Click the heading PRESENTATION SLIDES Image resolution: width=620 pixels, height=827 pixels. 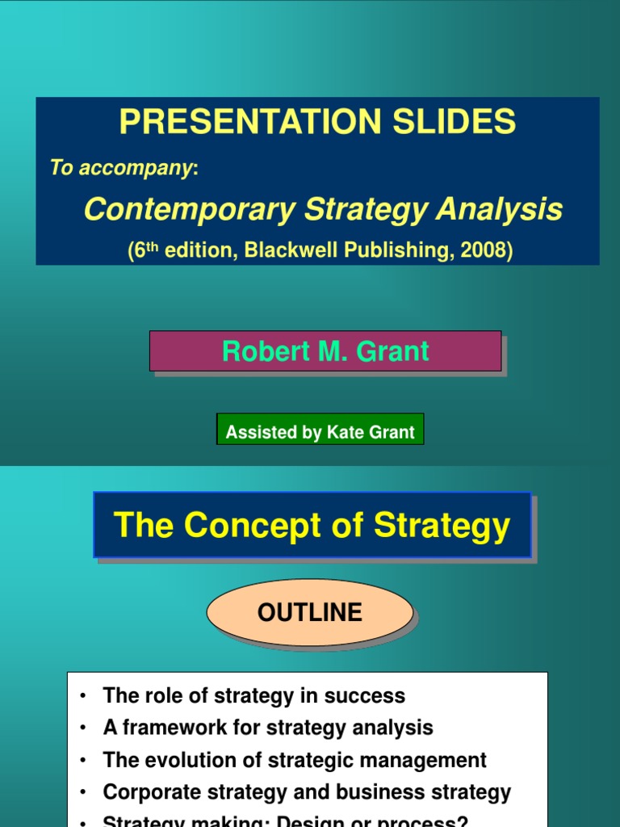(x=317, y=122)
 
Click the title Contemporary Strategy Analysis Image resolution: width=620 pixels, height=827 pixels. (x=323, y=210)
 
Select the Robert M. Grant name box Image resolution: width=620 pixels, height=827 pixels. (x=325, y=351)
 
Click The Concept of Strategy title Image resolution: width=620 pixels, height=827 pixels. (x=312, y=525)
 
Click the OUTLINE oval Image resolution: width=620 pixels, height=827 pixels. (x=310, y=613)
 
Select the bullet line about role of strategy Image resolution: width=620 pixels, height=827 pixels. (x=253, y=695)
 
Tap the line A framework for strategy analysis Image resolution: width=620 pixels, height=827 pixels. (x=268, y=728)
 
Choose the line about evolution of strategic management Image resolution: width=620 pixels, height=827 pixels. (x=295, y=760)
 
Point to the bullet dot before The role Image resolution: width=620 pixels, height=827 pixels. (x=82, y=696)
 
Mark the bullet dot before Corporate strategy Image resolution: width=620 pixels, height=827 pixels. (x=82, y=793)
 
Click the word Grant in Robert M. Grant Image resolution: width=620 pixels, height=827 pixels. (x=396, y=351)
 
